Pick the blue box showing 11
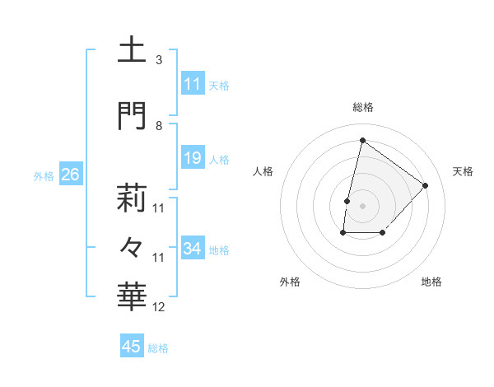[193, 84]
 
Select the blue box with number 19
[193, 159]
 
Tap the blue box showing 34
[193, 249]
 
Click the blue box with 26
[70, 175]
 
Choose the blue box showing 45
[132, 347]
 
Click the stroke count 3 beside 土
[159, 60]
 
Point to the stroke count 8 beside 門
[159, 125]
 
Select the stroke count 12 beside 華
[159, 308]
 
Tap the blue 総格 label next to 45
[158, 348]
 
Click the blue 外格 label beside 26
[44, 175]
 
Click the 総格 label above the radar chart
[362, 107]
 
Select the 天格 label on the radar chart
[463, 171]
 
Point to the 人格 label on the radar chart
[263, 171]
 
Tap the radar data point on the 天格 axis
[425, 185]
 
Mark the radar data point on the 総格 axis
[362, 140]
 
